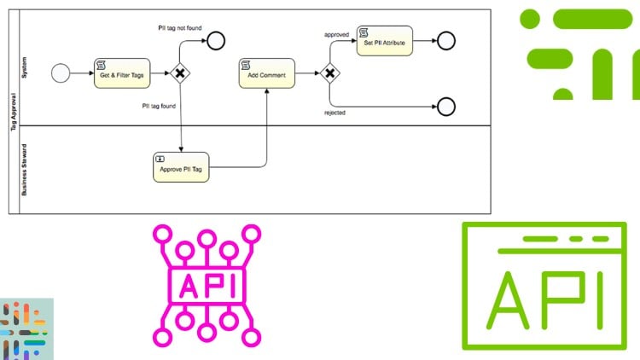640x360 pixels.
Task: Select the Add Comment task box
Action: click(x=266, y=74)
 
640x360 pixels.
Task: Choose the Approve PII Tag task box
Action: click(x=179, y=168)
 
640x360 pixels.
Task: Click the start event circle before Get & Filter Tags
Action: click(x=61, y=73)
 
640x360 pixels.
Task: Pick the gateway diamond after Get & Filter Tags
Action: click(x=180, y=73)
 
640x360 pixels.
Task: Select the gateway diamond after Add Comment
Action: click(x=329, y=74)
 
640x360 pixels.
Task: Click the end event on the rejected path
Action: click(x=445, y=107)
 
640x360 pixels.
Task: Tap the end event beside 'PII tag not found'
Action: click(x=215, y=40)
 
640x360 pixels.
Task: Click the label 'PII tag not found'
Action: click(x=179, y=27)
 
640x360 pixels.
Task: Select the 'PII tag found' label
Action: click(x=160, y=107)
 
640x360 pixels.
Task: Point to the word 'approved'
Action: click(x=336, y=35)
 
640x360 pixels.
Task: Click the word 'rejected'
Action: click(x=336, y=113)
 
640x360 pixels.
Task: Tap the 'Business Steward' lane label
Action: click(x=25, y=169)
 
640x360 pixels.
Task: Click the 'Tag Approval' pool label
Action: click(x=14, y=112)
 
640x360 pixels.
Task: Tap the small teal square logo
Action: click(x=26, y=328)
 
